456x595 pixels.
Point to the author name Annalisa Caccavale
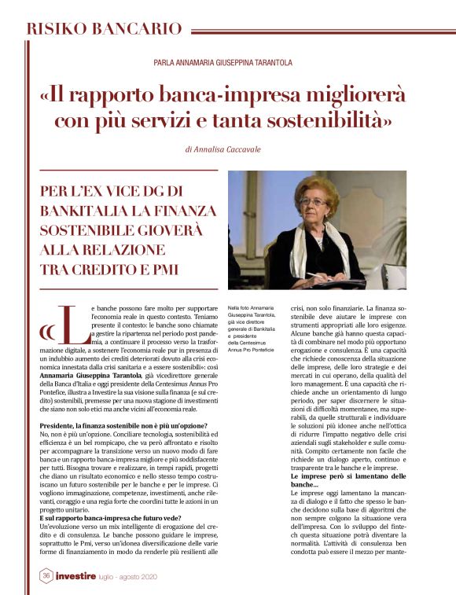222,149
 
